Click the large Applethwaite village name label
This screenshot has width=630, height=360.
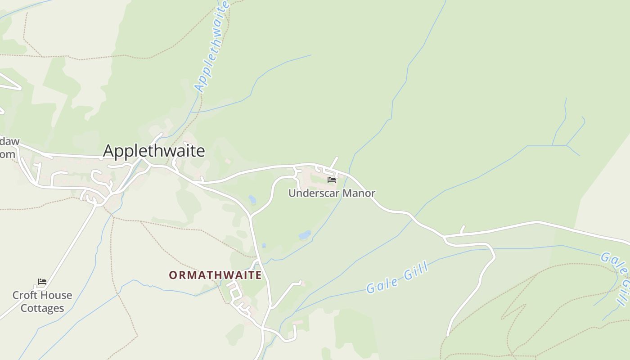154,151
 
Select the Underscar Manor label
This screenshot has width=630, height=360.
332,193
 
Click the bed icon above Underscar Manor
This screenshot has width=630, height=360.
332,180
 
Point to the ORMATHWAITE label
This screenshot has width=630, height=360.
215,275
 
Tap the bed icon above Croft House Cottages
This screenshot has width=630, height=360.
42,282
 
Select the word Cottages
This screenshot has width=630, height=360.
42,308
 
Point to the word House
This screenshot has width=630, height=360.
56,295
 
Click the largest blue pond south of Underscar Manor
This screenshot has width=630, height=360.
305,235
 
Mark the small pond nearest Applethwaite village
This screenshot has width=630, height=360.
252,199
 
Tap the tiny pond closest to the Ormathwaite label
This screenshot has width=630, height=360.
264,246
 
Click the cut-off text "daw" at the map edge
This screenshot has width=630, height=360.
9,141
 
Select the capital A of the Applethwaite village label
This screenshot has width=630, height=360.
108,151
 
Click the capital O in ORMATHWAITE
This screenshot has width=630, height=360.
173,275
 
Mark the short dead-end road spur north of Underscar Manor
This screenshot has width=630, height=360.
334,162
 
